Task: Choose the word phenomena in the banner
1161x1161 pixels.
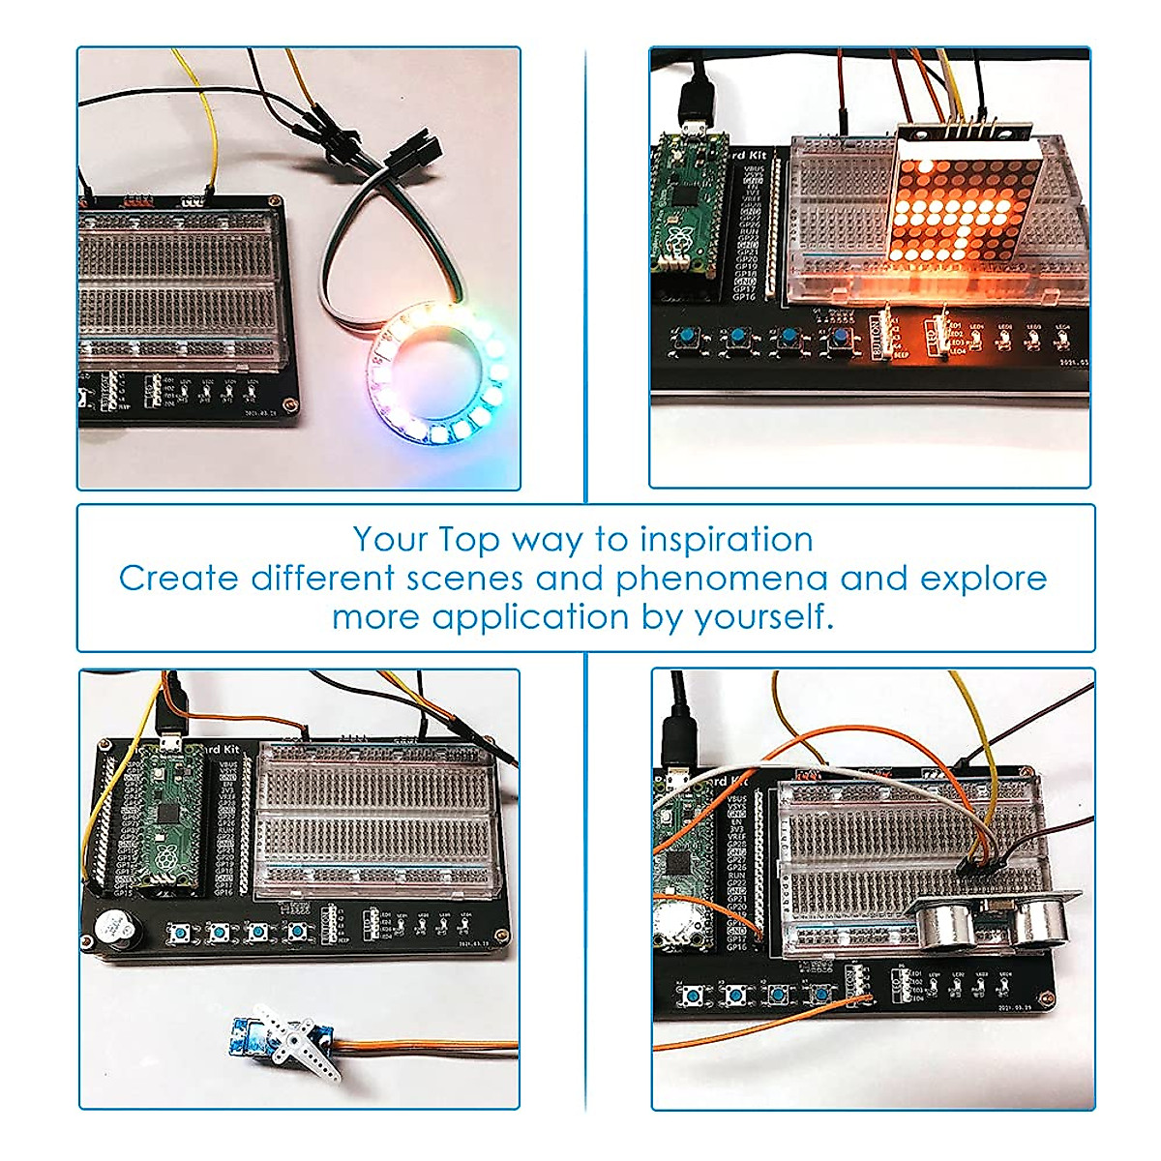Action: point(721,579)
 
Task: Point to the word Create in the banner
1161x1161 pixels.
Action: point(178,579)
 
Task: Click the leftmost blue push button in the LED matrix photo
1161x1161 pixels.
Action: point(689,337)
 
